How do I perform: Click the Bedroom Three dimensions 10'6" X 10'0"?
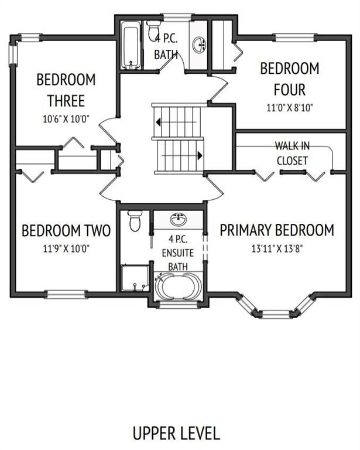(x=66, y=119)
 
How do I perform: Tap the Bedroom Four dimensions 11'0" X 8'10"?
(x=290, y=108)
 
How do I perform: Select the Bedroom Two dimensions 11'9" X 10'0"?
(x=66, y=248)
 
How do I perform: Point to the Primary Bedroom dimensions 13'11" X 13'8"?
(x=277, y=248)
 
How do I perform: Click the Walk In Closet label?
(x=292, y=154)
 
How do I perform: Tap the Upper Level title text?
(x=176, y=434)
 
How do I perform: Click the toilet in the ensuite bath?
(x=135, y=221)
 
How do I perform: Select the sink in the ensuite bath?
(x=179, y=220)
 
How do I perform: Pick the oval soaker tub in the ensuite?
(x=178, y=287)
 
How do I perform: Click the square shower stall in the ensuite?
(x=135, y=278)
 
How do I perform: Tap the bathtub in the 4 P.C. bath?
(x=131, y=46)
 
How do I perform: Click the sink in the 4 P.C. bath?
(x=199, y=45)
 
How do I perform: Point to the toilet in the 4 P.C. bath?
(x=153, y=30)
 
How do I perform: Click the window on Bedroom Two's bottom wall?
(x=66, y=294)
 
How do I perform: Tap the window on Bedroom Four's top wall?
(x=294, y=37)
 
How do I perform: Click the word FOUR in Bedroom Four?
(x=290, y=90)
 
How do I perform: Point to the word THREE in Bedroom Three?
(x=66, y=101)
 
